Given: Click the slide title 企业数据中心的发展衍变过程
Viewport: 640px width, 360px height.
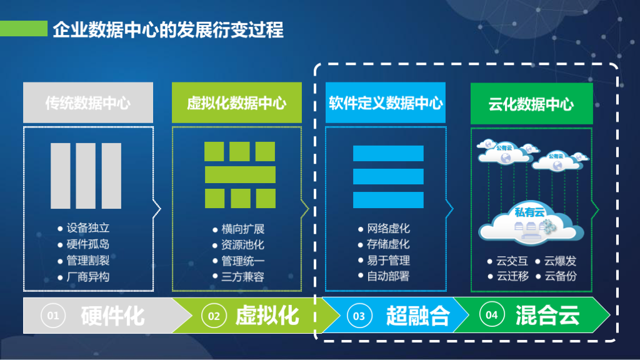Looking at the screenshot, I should point(168,29).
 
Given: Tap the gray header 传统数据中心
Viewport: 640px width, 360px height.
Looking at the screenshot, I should point(88,103).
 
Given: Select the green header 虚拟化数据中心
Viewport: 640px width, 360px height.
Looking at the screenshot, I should point(237,103).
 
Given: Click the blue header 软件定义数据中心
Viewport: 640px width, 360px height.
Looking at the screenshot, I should point(386,102).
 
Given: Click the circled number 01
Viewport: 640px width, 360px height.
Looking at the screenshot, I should point(53,316).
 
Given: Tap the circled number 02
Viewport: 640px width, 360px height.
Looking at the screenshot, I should point(214,316).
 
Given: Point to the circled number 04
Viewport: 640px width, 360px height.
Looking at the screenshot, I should point(492,315).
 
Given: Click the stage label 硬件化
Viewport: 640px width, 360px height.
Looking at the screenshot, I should point(113,316).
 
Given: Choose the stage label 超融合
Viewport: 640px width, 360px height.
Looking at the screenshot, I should point(417,316).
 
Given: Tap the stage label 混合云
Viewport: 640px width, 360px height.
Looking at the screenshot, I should point(547,315).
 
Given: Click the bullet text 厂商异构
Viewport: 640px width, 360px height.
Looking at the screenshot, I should point(88,276).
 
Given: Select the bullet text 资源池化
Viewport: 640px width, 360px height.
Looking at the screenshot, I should point(242,245).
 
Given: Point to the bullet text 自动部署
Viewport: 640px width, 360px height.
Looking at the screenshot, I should point(389,276).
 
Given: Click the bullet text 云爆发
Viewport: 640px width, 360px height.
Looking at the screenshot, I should point(560,261).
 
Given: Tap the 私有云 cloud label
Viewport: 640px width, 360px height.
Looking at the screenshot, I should point(530,213).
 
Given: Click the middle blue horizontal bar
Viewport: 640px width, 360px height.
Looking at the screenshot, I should point(388,176).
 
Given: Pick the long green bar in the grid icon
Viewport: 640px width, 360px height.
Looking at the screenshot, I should point(240,174).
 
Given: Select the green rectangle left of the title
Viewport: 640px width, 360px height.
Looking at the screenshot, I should point(24,29).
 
